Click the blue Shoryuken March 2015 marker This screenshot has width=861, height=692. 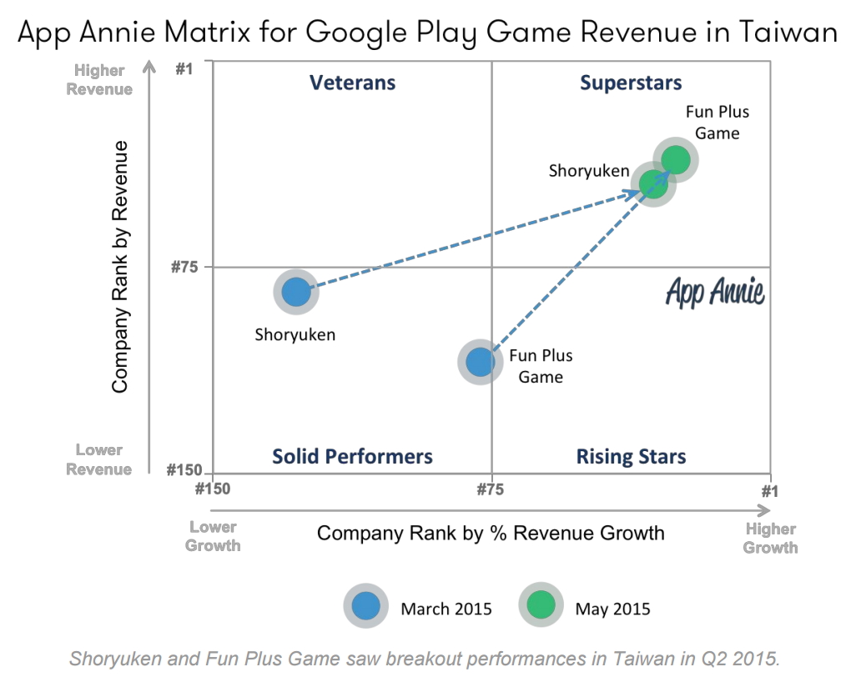coord(296,292)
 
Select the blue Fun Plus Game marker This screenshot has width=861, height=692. coord(480,361)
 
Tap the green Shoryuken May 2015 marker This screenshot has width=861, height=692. coord(653,183)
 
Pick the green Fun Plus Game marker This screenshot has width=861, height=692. coord(675,159)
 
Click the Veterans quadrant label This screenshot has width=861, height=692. coord(352,83)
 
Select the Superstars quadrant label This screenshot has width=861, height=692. coord(631,83)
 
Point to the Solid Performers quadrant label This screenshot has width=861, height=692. coord(352,457)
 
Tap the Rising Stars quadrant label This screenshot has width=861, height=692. coord(631,457)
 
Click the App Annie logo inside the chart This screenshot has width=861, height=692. coord(715,293)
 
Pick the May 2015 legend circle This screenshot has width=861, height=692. coord(541,607)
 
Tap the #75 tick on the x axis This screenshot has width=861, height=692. coord(491,489)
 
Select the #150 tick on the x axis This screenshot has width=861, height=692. coord(213,489)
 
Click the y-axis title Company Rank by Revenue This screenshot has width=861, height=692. coord(120,267)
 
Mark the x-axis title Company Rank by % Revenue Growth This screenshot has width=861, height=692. coord(491,533)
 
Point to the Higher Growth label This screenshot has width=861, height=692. coord(770,538)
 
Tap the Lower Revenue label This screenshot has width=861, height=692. coord(99,459)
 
